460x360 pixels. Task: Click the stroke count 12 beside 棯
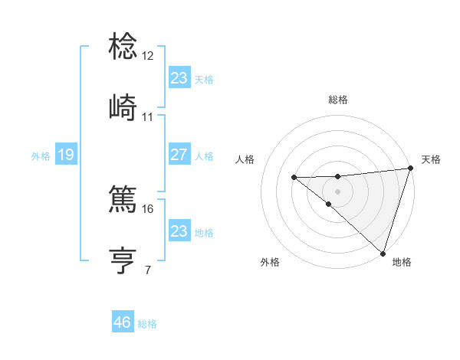[x=148, y=56]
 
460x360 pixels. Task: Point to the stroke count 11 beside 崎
[x=148, y=117]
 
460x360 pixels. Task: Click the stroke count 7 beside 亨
[x=148, y=270]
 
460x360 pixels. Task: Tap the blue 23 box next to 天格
[x=179, y=78]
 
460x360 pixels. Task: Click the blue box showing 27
[x=179, y=155]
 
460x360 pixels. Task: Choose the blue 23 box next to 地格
[x=179, y=231]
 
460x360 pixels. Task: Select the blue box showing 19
[x=65, y=155]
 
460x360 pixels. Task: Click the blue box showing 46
[x=123, y=322]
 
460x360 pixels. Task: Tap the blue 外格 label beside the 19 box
[x=41, y=156]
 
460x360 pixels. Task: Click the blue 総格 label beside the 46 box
[x=147, y=324]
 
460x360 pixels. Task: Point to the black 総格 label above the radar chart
[x=337, y=100]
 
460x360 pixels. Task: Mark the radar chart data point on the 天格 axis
[x=410, y=169]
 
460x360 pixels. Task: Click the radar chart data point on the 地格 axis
[x=383, y=253]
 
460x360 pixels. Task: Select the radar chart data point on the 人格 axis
[x=294, y=178]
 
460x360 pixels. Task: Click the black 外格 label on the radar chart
[x=270, y=262]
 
